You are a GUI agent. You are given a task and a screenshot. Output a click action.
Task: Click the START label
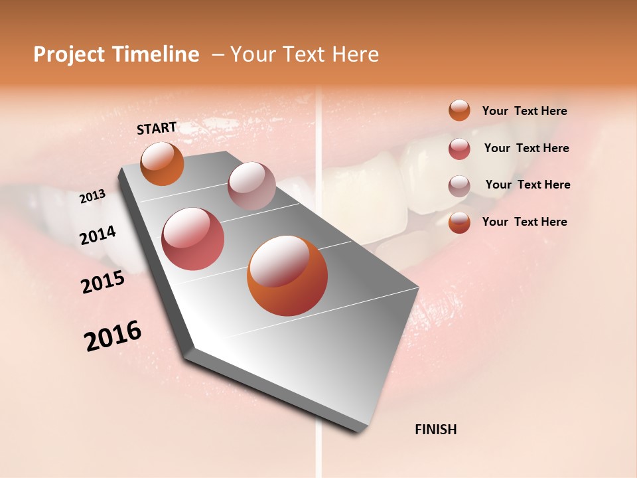[x=157, y=128]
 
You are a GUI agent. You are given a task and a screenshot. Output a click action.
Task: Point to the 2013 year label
[x=93, y=197]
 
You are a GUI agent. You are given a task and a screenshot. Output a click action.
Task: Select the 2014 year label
[x=98, y=236]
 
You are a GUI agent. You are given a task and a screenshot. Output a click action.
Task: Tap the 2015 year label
[x=103, y=282]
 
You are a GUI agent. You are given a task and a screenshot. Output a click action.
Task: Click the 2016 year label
[x=113, y=336]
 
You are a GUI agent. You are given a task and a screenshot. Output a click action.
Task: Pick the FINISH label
[x=436, y=430]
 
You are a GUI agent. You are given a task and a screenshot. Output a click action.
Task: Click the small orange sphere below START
[x=163, y=163]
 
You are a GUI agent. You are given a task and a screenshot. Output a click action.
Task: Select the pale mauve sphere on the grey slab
[x=251, y=186]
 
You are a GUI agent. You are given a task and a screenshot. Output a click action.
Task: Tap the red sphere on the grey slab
[x=193, y=239]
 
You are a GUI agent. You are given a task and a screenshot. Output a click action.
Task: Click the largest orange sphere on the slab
[x=287, y=276]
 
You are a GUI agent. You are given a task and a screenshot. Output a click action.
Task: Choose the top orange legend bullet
[x=459, y=110]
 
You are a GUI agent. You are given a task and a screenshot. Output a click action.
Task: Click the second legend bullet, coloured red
[x=459, y=149]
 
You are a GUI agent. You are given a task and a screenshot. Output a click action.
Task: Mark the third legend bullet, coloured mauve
[x=459, y=186]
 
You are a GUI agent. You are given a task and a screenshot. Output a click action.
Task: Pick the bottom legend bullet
[x=459, y=222]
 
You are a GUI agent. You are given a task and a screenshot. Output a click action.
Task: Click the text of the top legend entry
[x=524, y=111]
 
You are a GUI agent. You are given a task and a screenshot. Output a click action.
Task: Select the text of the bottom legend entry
[x=524, y=222]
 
